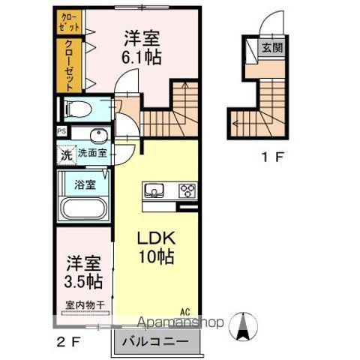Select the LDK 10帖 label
point(156,247)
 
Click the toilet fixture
point(77,109)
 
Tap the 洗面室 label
point(93,154)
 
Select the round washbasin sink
point(97,136)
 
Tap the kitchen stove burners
point(186,190)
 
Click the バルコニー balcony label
point(160,341)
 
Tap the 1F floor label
point(272,157)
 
